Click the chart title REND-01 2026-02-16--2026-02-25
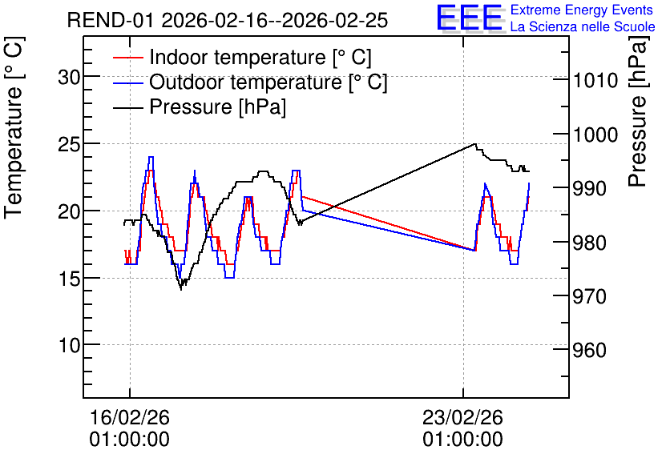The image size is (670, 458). (x=228, y=20)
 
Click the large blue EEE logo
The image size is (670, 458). (x=470, y=18)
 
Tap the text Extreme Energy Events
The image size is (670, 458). (x=582, y=10)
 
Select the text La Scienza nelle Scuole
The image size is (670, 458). (x=583, y=26)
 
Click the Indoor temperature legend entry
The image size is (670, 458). (x=242, y=57)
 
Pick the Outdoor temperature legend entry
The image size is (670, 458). (x=250, y=82)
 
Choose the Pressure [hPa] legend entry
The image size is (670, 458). (x=200, y=106)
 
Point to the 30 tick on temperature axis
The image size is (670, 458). (x=69, y=77)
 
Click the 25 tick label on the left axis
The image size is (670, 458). (x=69, y=145)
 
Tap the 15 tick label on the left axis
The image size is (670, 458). (x=69, y=279)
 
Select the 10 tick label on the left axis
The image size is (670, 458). (x=69, y=345)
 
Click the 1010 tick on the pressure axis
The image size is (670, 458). (x=595, y=80)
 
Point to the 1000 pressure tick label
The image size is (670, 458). (x=595, y=135)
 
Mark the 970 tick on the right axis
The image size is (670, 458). (x=590, y=296)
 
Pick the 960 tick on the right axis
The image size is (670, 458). (x=590, y=351)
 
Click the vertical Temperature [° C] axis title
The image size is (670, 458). (x=14, y=128)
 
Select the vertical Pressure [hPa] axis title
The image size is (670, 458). (x=638, y=111)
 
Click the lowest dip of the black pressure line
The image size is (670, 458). (x=181, y=289)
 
